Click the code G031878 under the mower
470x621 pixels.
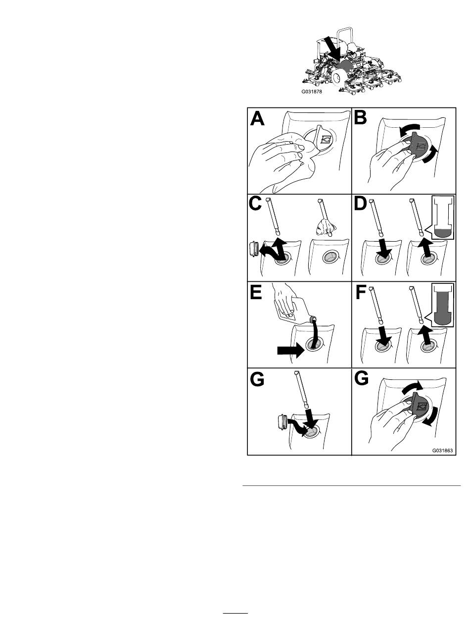tap(312, 92)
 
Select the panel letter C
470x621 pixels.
tap(255, 204)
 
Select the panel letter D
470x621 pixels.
tap(360, 204)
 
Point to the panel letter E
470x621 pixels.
tap(256, 292)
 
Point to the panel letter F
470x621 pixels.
tap(360, 292)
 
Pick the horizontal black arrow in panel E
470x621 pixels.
tap(290, 351)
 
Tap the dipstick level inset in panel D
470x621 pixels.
tap(443, 218)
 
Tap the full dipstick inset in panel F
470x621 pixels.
tap(443, 305)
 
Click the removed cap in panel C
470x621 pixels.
tap(56, 248)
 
